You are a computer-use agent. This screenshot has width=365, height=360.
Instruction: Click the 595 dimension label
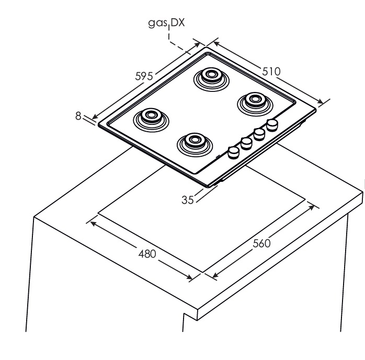coord(144,76)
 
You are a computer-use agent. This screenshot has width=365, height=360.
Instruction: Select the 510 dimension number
coord(271,71)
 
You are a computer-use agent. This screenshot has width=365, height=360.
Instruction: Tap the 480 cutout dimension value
coord(147,254)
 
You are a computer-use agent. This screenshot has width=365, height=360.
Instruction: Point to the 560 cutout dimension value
coord(261,243)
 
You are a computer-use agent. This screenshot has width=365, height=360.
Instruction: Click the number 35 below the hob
coord(188,200)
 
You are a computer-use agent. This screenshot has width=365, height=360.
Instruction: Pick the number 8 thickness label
coord(78,116)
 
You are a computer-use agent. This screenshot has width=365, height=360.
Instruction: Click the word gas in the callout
coord(157,23)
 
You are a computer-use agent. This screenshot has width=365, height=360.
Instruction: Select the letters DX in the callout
coord(178,23)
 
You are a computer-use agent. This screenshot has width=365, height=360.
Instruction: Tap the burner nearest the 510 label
coord(255,102)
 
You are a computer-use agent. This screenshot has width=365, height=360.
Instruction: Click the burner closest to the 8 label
coord(151,119)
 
